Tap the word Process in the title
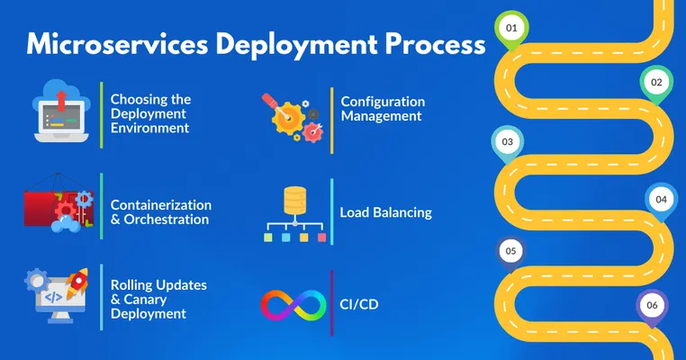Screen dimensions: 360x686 423,45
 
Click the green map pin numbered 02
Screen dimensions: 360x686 656,83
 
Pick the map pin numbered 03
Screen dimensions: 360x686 507,142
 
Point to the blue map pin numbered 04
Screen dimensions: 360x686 661,199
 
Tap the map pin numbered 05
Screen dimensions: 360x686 510,251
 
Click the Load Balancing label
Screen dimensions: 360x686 385,213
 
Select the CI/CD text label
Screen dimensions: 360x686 359,304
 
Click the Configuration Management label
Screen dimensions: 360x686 383,109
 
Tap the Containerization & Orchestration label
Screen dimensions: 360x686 160,212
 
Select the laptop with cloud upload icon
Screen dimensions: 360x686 60,112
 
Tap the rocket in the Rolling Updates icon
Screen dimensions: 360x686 79,281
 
